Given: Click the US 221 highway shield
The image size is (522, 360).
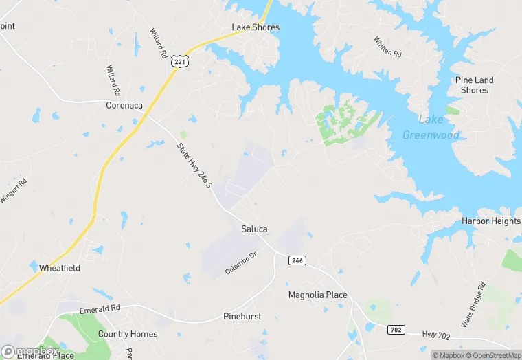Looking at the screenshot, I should click(179, 61).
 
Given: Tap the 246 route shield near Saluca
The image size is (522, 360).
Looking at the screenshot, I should click(297, 260).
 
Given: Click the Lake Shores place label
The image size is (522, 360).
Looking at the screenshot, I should click(256, 27).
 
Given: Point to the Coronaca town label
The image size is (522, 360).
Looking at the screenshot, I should click(124, 105).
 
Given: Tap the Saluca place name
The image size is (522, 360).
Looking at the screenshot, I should click(254, 229).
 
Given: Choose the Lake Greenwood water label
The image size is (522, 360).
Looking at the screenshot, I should click(431, 128).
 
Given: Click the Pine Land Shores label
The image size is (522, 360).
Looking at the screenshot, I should click(474, 85).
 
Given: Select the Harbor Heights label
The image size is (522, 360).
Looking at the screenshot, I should click(491, 221).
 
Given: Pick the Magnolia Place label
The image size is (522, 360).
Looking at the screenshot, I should click(317, 295).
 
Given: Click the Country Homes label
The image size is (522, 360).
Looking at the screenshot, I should click(128, 334).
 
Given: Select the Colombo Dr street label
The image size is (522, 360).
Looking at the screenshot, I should click(240, 264).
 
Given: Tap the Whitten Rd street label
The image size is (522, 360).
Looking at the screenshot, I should click(387, 47).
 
